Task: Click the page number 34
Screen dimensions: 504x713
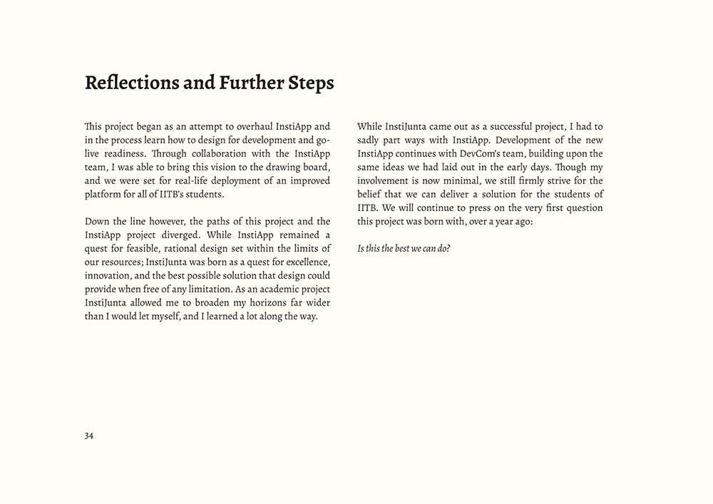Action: pos(89,436)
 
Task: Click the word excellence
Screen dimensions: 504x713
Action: pos(304,262)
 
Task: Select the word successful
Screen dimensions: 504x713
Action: pos(499,126)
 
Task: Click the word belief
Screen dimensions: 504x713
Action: pos(371,194)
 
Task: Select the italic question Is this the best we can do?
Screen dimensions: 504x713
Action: pos(404,249)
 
